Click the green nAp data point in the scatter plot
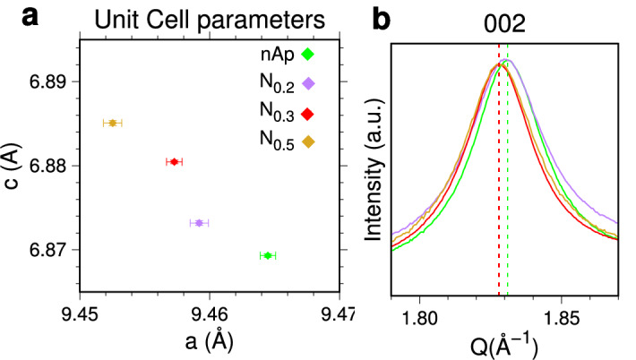[x=267, y=255]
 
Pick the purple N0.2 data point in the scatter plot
[x=199, y=222]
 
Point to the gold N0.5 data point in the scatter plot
[x=113, y=123]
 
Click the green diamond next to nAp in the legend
[x=307, y=55]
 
